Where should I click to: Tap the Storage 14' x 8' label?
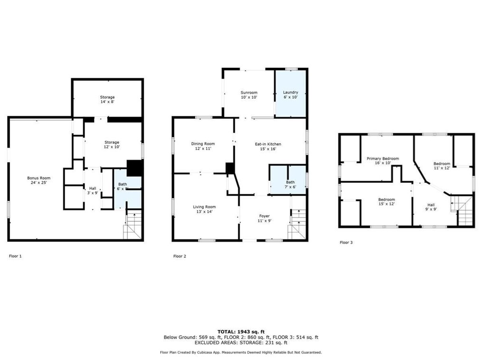[107, 100]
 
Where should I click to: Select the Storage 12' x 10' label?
[112, 145]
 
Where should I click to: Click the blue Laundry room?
[290, 94]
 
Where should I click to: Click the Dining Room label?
[203, 146]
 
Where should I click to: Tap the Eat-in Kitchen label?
[268, 146]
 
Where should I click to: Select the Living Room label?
[204, 209]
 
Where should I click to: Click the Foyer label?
[264, 218]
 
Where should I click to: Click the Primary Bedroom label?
[382, 161]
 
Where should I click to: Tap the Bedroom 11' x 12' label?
[442, 166]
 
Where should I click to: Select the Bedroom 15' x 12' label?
[386, 202]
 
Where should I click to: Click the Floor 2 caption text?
[180, 256]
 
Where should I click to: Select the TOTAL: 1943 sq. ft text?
[241, 331]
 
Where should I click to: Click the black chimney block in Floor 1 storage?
[135, 168]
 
